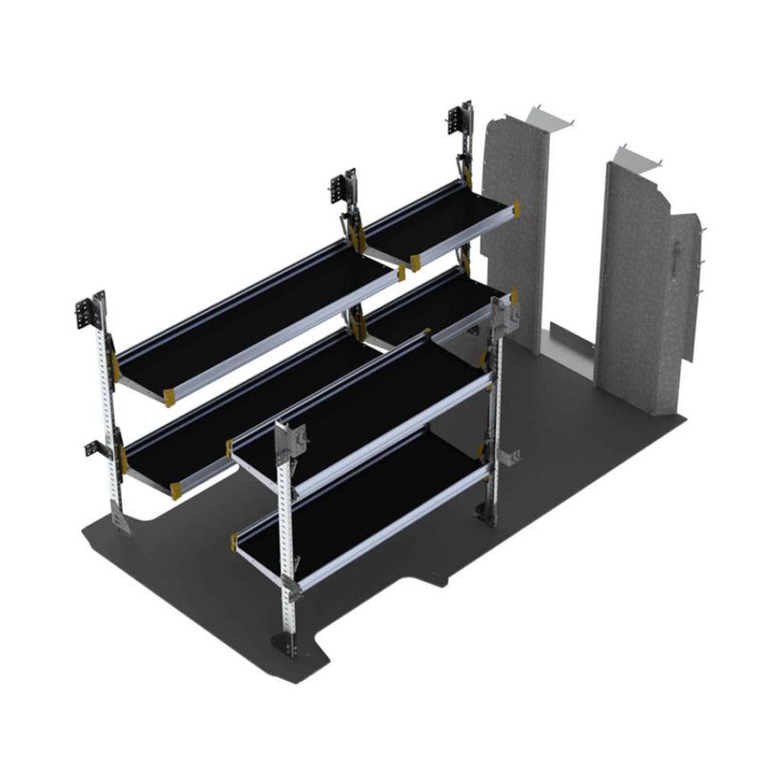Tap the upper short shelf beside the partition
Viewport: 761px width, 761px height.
click(438, 224)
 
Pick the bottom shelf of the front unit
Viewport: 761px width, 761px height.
click(366, 504)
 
